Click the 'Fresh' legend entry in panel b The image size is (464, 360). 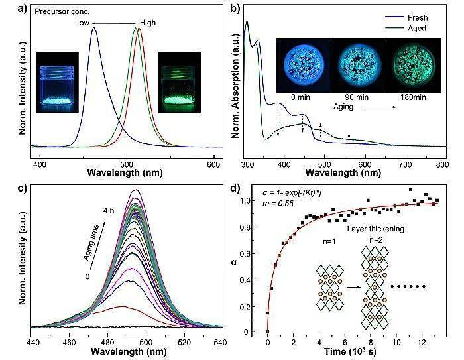tap(418, 17)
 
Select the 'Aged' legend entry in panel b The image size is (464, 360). tap(417, 28)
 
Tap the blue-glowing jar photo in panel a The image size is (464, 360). tap(57, 82)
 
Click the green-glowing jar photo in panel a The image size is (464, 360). tap(180, 82)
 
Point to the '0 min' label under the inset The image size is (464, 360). tap(300, 97)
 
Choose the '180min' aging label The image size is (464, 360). tap(414, 97)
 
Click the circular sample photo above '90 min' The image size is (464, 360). tap(359, 65)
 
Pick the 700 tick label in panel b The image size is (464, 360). tap(406, 164)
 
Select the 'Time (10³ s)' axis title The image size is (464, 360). tap(350, 351)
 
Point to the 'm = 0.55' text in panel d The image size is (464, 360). tap(278, 204)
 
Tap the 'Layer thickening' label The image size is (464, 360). tap(376, 229)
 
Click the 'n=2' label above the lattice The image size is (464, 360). tap(376, 240)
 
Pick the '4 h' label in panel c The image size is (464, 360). tap(109, 211)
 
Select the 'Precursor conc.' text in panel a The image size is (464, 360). tap(62, 11)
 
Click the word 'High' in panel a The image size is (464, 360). tap(148, 23)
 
